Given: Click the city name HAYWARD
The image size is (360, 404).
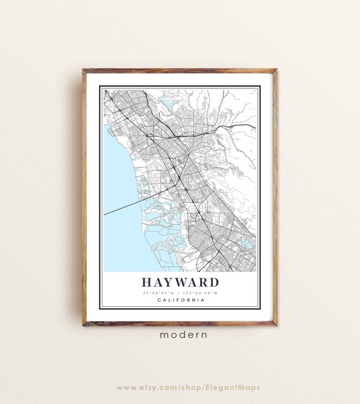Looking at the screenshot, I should click(180, 282).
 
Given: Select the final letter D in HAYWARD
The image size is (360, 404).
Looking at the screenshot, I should click(213, 282).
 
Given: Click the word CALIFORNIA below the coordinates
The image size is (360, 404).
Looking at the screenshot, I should click(180, 300).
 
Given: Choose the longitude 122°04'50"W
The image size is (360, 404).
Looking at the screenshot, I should click(201, 292).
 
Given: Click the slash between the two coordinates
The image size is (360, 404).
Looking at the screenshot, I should click(179, 292).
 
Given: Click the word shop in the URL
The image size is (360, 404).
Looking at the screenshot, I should click(193, 387).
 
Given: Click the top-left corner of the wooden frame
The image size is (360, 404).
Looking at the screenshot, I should click(83, 70).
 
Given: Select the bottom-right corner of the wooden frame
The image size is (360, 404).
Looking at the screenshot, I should click(276, 324).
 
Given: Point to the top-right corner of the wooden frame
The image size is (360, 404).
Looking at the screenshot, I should click(276, 70).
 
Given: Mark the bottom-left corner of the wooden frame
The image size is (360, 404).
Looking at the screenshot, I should click(83, 324).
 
